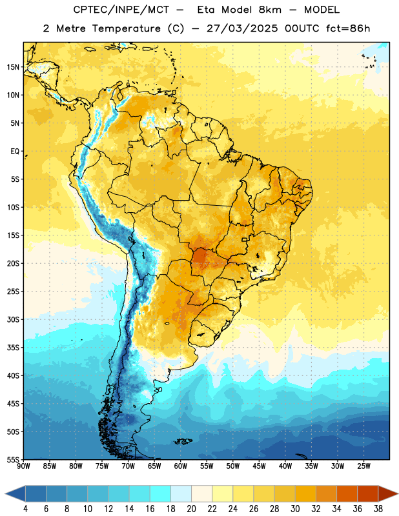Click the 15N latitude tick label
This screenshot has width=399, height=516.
[13, 67]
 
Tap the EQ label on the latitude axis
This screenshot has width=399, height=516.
[15, 152]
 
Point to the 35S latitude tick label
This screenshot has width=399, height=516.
[13, 348]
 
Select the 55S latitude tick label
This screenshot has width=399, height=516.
[13, 459]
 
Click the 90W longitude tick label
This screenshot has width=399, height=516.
[23, 466]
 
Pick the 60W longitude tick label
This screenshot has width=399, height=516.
[181, 466]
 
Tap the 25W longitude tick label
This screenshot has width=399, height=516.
[363, 466]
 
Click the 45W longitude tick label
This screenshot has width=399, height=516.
[259, 466]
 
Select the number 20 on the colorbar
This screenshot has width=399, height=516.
[191, 509]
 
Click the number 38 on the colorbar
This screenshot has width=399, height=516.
[378, 509]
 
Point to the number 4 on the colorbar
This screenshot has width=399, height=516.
[25, 509]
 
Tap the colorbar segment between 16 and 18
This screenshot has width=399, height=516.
[161, 493]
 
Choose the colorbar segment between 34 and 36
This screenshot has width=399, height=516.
[347, 493]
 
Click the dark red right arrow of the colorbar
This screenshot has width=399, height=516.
[388, 493]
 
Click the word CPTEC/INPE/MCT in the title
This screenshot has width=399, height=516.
[121, 10]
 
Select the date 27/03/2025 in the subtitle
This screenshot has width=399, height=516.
[242, 28]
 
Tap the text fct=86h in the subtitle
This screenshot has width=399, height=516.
[348, 28]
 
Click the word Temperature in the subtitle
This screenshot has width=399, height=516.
[126, 29]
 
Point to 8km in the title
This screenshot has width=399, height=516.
[270, 10]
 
